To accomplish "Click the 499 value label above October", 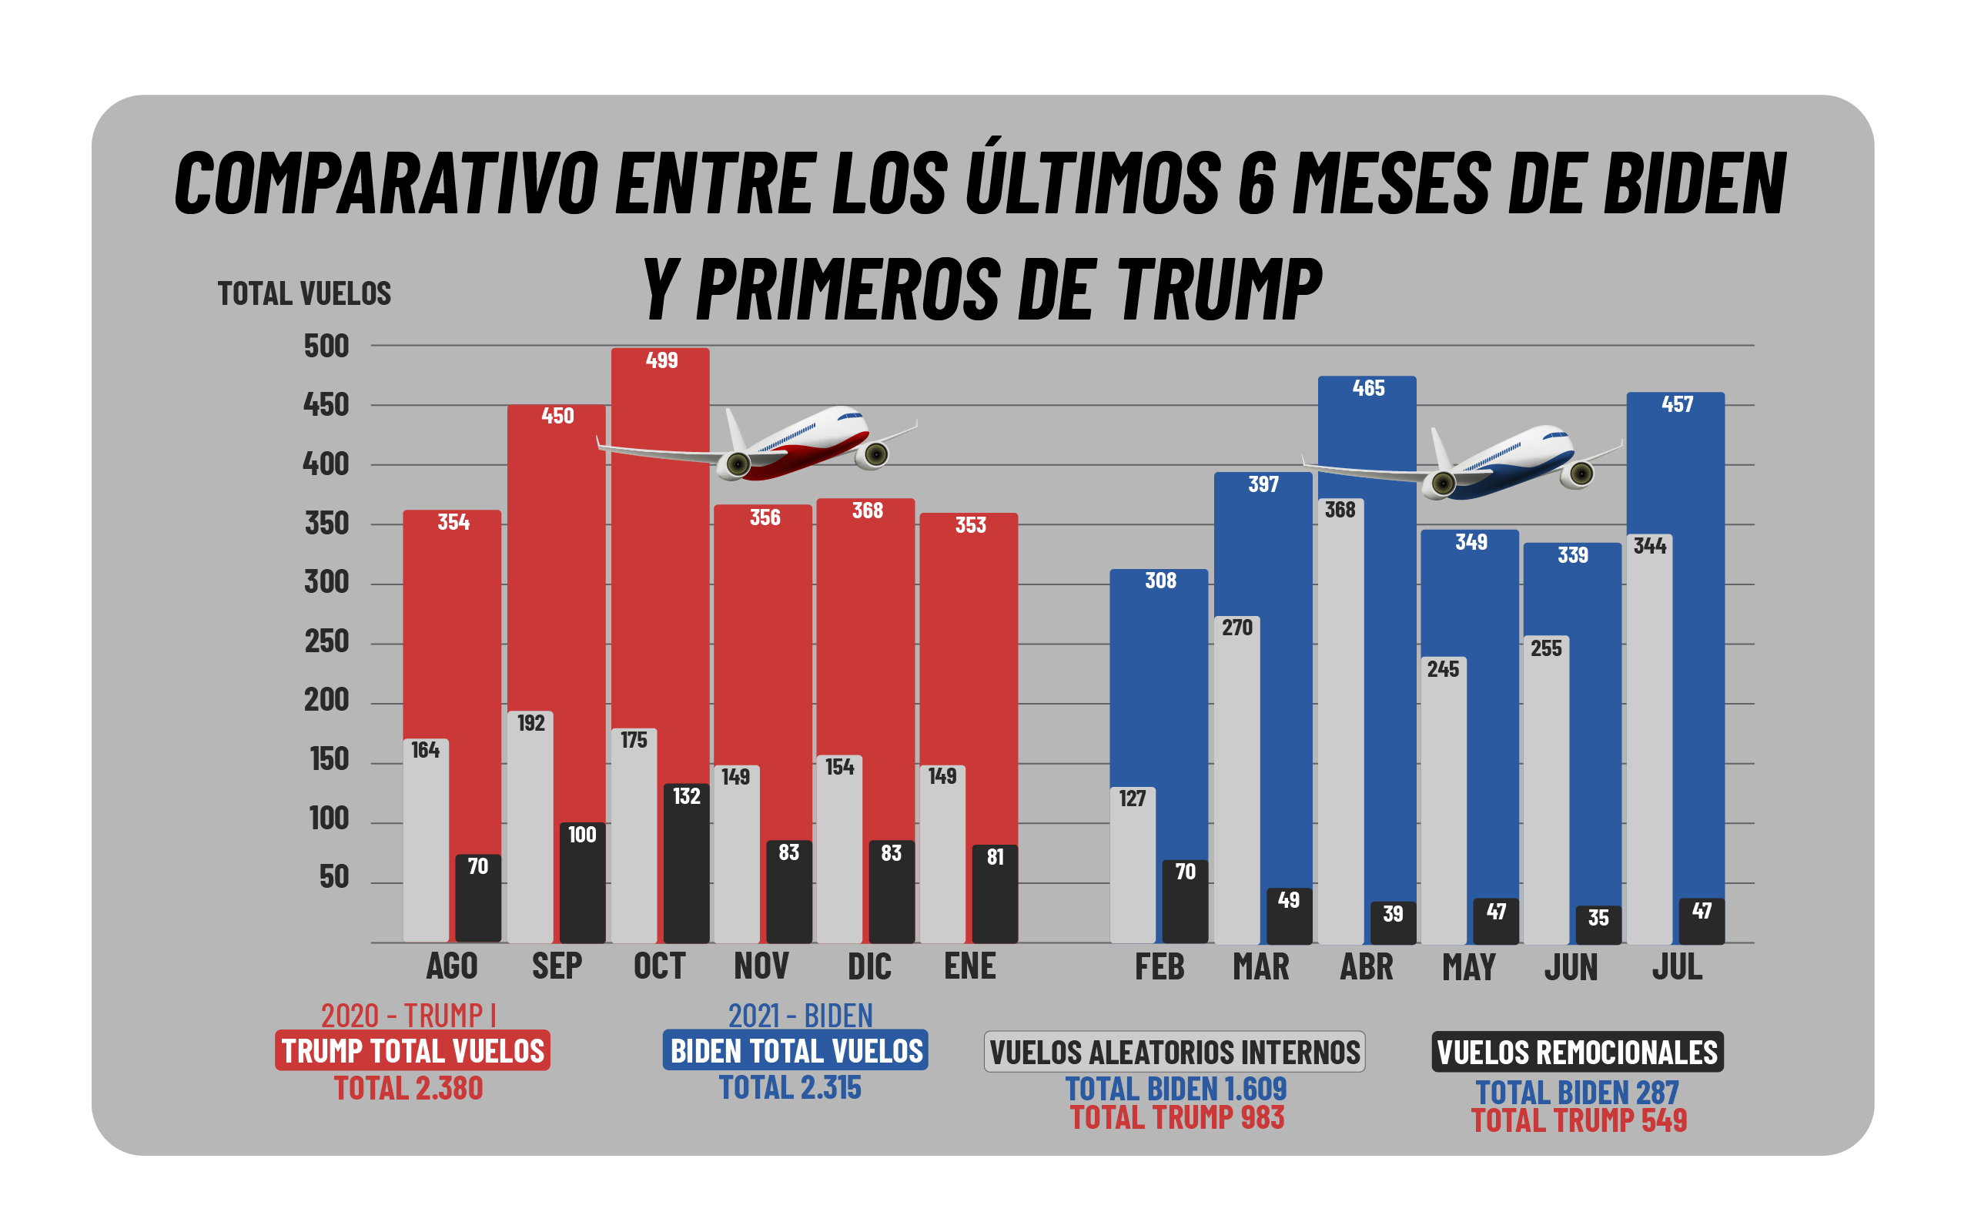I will (x=661, y=360).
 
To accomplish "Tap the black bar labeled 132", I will (x=686, y=864).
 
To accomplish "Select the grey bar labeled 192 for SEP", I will (x=530, y=827).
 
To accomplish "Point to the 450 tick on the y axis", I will (x=326, y=405).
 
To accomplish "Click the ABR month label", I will (x=1367, y=967).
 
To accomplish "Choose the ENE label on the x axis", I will (x=969, y=966).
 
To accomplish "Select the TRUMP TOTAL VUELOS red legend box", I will (x=412, y=1050).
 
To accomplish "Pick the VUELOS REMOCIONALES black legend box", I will (x=1577, y=1052).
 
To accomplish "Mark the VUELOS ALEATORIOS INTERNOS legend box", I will (x=1173, y=1052).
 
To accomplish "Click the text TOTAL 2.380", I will (x=408, y=1089).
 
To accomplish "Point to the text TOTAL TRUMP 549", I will (x=1578, y=1120).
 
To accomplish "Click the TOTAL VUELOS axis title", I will (x=304, y=293).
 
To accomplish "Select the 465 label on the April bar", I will (x=1368, y=388).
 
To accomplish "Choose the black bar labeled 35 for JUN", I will (x=1598, y=925).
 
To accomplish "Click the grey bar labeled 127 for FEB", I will (x=1132, y=865).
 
